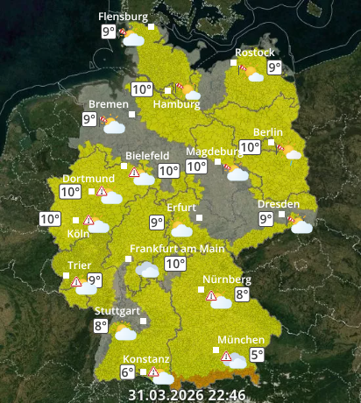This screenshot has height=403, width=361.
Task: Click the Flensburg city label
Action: [122, 17]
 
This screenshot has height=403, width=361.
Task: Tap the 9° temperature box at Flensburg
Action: [108, 32]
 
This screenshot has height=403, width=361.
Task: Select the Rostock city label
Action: [254, 53]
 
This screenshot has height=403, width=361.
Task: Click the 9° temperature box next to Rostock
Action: [274, 67]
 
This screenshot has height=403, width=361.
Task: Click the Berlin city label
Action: [268, 132]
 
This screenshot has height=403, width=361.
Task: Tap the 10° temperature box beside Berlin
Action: [250, 147]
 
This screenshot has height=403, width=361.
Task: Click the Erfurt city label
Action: [181, 207]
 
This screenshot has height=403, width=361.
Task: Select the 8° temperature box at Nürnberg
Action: [242, 296]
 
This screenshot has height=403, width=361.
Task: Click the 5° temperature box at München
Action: [257, 355]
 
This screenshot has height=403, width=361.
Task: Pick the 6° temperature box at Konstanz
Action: [127, 371]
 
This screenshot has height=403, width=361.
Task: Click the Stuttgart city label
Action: [117, 311]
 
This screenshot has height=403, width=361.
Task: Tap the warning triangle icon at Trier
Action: [77, 282]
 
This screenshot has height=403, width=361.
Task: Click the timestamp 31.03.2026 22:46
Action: [187, 394]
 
